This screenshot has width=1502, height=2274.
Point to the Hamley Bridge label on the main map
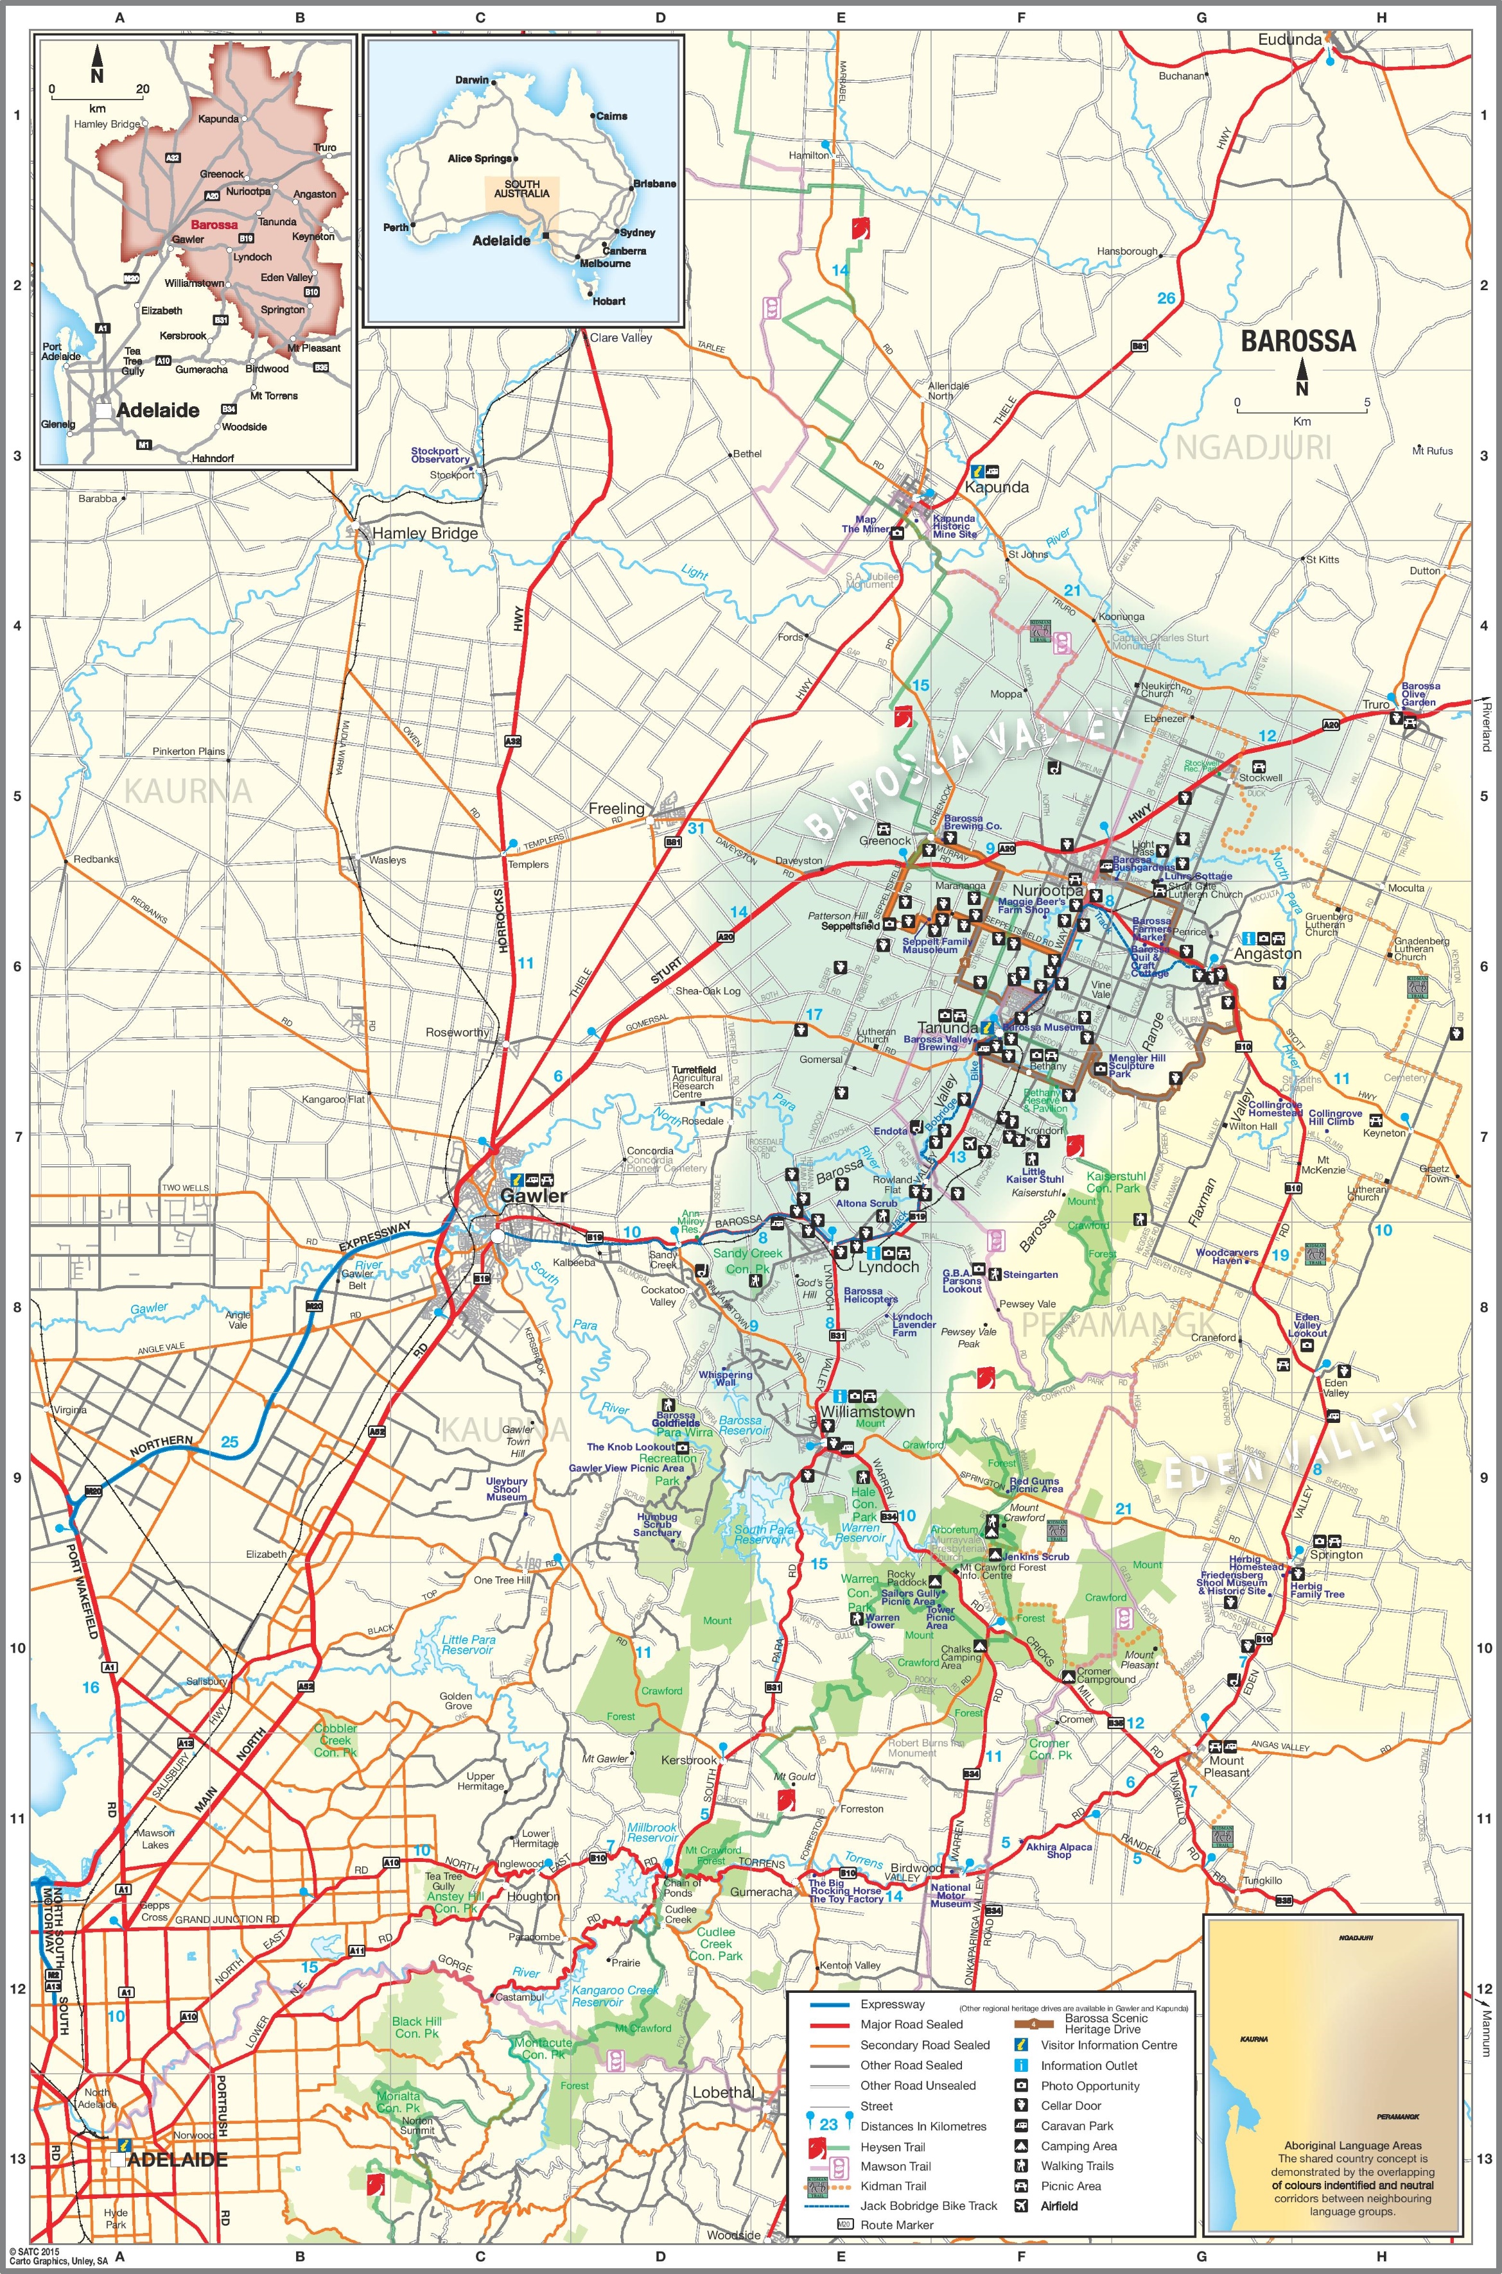point(424,533)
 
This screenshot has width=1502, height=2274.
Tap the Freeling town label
point(616,808)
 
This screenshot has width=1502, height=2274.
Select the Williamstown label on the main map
point(867,1411)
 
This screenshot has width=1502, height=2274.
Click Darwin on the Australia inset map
point(471,80)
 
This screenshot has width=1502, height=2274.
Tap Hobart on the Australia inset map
point(608,300)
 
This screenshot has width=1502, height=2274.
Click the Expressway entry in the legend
point(892,2004)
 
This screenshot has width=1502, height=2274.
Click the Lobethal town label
point(723,2092)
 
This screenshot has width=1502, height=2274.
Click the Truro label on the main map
point(1375,703)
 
